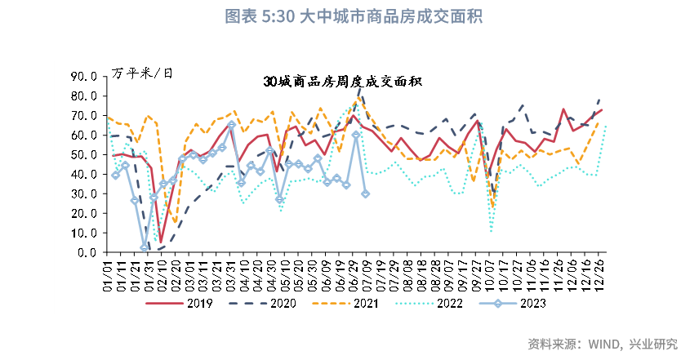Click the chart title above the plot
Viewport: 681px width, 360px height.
340,16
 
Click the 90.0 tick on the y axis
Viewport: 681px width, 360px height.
84,77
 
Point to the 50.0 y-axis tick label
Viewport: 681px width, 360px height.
84,155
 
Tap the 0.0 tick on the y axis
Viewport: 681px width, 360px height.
87,253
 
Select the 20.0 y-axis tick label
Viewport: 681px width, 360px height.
84,214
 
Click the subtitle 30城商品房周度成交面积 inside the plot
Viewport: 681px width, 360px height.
342,82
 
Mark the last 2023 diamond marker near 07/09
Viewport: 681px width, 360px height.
365,193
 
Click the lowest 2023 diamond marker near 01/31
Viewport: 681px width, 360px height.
145,247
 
